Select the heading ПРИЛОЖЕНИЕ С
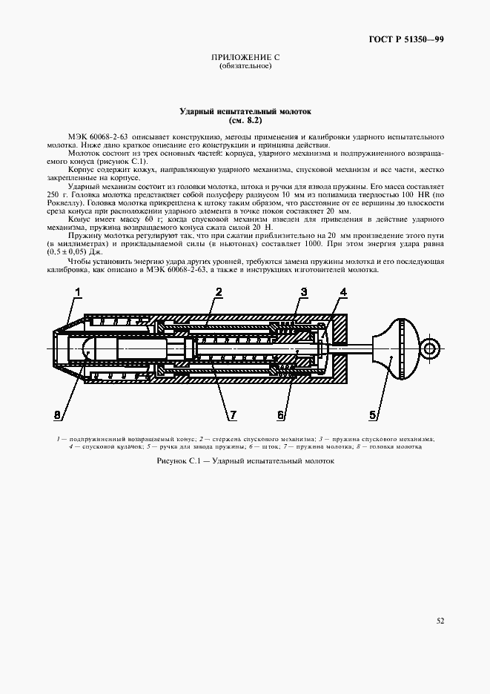pyautogui.click(x=245, y=57)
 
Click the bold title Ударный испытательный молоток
pyautogui.click(x=245, y=111)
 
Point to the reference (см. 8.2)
pyautogui.click(x=245, y=120)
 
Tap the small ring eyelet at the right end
pyautogui.click(x=429, y=346)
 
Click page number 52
pyautogui.click(x=439, y=621)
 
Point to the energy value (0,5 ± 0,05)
pyautogui.click(x=67, y=252)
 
